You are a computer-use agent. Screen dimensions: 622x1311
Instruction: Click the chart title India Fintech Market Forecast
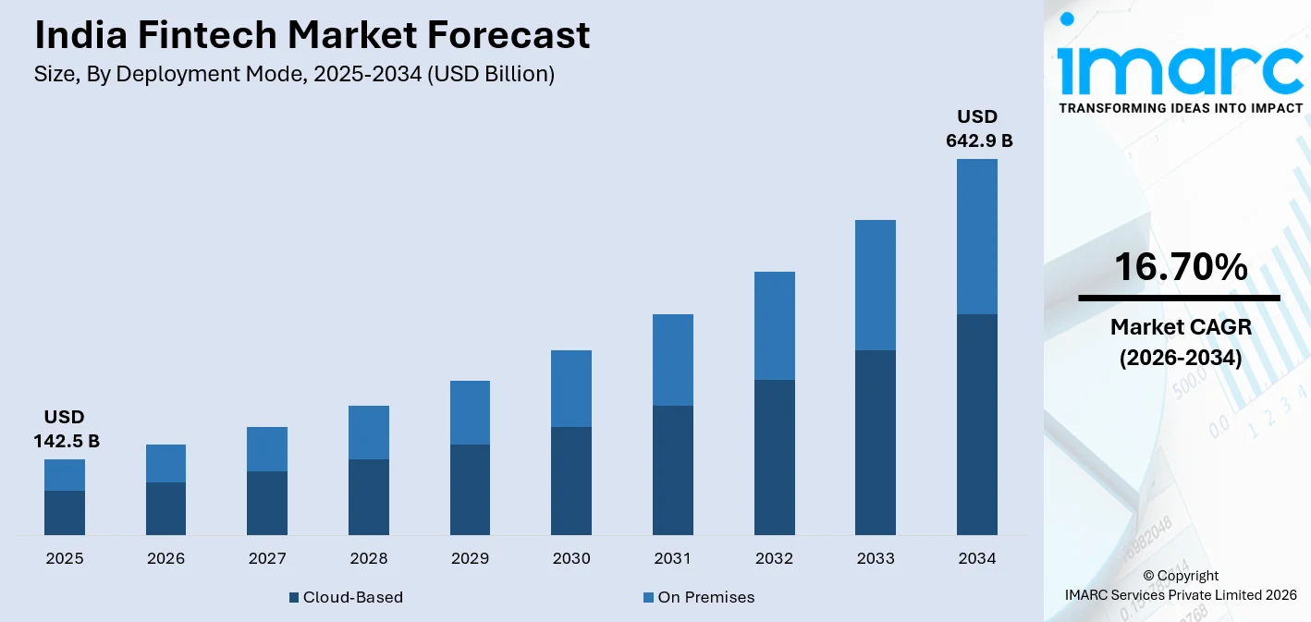pyautogui.click(x=312, y=35)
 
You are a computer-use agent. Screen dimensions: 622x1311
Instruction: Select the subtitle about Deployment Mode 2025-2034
pyautogui.click(x=294, y=75)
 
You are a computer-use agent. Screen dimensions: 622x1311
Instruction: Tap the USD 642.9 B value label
pyautogui.click(x=978, y=129)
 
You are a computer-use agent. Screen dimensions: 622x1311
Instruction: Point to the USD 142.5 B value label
pyautogui.click(x=66, y=430)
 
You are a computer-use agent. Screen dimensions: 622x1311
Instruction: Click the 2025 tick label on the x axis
pyautogui.click(x=65, y=558)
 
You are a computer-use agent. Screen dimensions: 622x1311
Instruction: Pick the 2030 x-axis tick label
pyautogui.click(x=571, y=558)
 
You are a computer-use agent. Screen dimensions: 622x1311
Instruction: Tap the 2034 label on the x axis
pyautogui.click(x=977, y=558)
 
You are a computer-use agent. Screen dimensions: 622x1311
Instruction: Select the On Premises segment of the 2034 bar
pyautogui.click(x=977, y=237)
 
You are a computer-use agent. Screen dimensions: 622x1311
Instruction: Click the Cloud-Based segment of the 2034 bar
pyautogui.click(x=977, y=424)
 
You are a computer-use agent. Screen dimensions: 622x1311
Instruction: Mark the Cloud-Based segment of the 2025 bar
pyautogui.click(x=65, y=513)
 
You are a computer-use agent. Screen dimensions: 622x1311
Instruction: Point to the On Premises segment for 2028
pyautogui.click(x=369, y=433)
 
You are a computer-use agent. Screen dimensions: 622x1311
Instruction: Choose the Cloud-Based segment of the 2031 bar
pyautogui.click(x=673, y=470)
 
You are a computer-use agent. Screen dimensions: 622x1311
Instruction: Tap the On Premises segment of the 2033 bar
pyautogui.click(x=876, y=285)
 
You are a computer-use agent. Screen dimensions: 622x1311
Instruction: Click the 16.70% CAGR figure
pyautogui.click(x=1180, y=267)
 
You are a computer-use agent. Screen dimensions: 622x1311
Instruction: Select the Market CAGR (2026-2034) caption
pyautogui.click(x=1180, y=342)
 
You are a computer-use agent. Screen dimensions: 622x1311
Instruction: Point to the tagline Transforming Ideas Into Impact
pyautogui.click(x=1180, y=108)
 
